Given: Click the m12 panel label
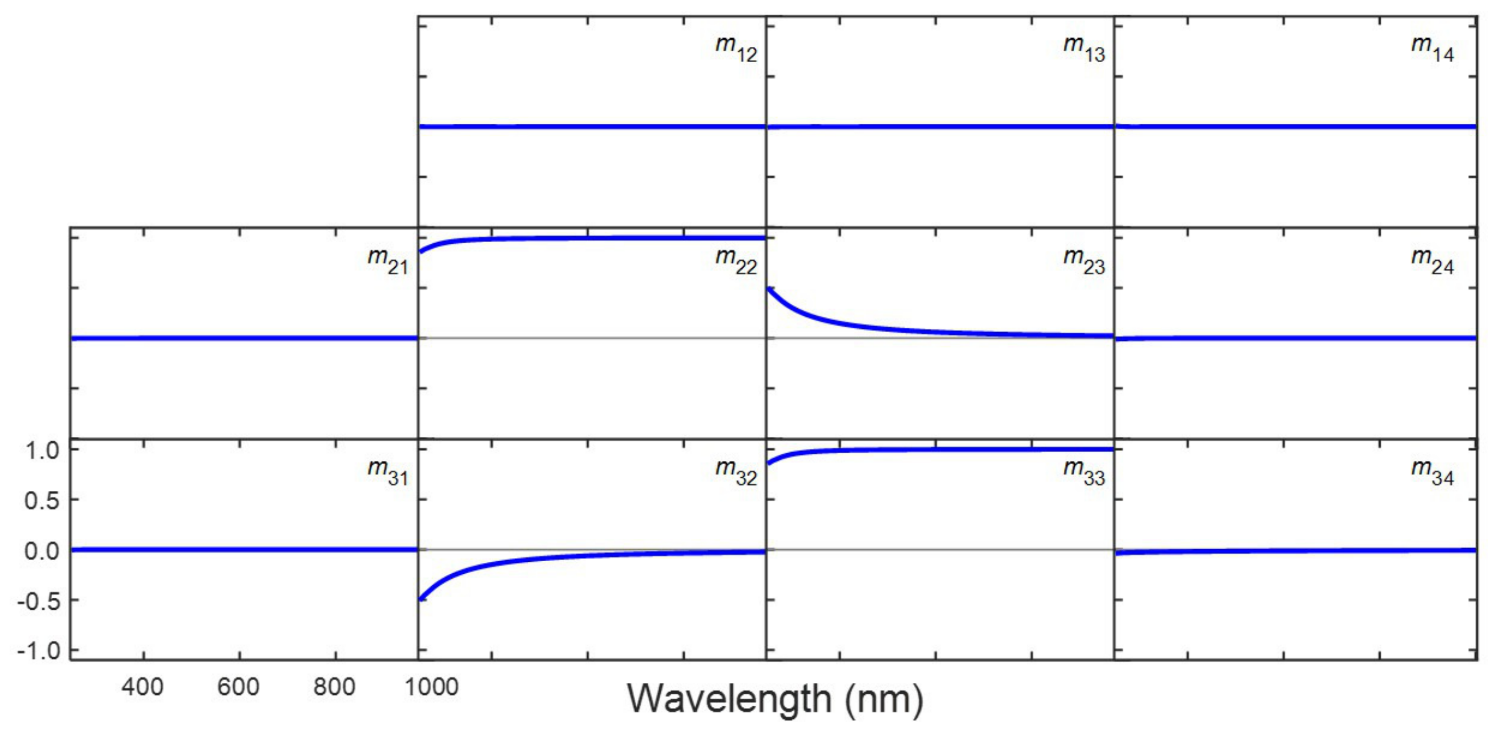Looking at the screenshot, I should click(736, 49).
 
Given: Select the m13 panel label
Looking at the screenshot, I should click(1084, 49).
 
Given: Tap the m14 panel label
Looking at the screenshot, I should click(1432, 49).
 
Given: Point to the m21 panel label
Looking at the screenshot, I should click(388, 261).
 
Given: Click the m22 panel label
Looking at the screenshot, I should click(736, 261).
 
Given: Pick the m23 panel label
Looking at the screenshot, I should click(1084, 261).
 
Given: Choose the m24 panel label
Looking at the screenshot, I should click(1432, 261).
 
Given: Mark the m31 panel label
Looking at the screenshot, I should click(388, 472).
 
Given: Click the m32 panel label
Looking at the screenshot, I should click(736, 472).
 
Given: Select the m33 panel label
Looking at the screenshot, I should click(1084, 472).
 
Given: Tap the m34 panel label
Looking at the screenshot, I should click(1432, 472).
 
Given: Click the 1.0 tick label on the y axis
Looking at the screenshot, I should click(42, 451).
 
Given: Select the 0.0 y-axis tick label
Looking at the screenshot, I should click(42, 550).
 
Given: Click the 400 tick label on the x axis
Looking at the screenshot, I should click(142, 687).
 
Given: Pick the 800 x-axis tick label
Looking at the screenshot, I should click(334, 687).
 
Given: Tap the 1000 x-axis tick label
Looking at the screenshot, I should click(431, 687).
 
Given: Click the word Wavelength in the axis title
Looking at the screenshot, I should click(729, 699).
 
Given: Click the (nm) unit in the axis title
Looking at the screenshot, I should click(884, 699).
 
